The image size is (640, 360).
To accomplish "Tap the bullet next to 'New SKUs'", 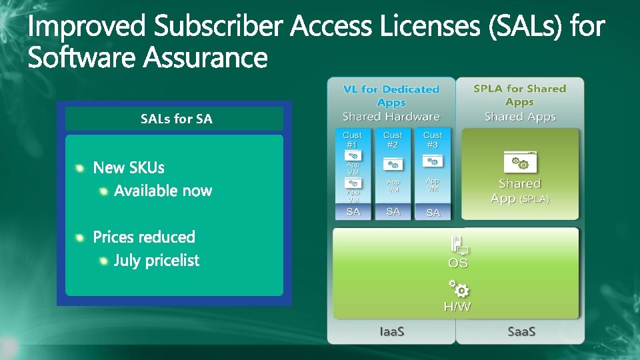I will (80, 168).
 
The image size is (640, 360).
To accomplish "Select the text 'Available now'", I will (163, 191).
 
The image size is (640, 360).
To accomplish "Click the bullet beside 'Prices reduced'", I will (80, 237).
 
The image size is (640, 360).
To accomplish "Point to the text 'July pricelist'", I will (156, 261).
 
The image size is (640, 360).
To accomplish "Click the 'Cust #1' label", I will (352, 139).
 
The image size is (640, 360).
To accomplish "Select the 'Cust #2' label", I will (393, 139).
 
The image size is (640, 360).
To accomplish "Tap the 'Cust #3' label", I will (433, 139).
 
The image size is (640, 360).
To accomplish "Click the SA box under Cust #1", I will (353, 211).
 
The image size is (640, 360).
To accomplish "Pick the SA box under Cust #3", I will (433, 212).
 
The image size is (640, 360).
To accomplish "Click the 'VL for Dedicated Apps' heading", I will (391, 95).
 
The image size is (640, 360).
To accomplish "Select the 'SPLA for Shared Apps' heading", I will (519, 95).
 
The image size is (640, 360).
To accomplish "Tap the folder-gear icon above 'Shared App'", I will (519, 162).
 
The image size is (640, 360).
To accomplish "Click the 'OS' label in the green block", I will (458, 263).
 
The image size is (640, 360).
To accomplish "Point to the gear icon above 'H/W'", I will (459, 289).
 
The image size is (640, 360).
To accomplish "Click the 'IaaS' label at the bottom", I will (392, 331).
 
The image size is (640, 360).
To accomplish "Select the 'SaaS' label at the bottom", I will (521, 331).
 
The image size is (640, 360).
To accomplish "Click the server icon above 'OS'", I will (459, 244).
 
